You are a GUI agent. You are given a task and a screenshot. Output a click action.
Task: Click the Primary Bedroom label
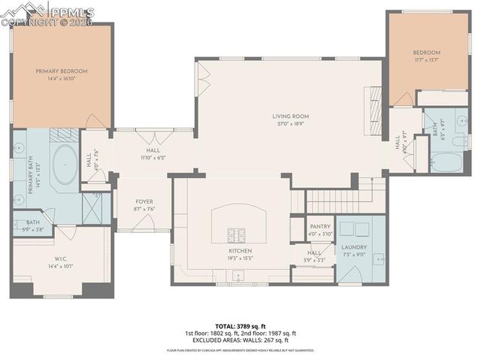coord(62,71)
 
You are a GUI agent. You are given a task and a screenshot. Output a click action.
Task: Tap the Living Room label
coord(290,116)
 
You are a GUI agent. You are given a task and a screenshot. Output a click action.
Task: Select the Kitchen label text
coord(240,251)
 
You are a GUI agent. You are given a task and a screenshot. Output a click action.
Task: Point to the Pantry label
coord(320,226)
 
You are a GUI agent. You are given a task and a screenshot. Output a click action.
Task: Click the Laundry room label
coord(353,247)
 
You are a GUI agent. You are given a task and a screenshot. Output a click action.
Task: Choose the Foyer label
coord(144,202)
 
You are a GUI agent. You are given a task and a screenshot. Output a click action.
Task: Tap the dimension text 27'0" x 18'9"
coord(290,124)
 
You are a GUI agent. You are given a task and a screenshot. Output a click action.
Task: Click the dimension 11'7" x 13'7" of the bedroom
coord(426,60)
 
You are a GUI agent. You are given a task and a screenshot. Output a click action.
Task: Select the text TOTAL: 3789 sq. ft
coord(240,326)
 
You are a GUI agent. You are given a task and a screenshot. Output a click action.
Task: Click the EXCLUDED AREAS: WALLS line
coord(240,340)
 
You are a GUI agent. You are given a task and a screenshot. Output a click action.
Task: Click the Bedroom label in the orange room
coord(426,53)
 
